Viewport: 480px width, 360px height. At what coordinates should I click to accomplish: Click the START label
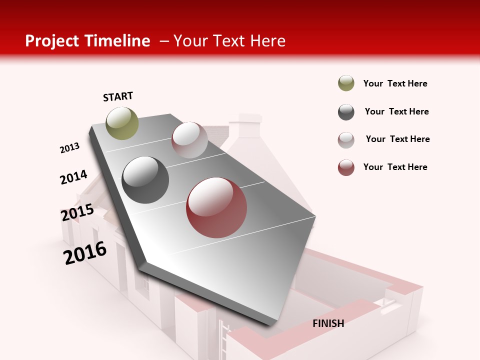(118, 96)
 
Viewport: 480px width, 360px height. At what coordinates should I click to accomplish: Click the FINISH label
(328, 323)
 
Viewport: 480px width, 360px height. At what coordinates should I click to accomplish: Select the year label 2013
(69, 148)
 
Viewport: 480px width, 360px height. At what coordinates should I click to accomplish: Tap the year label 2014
(73, 177)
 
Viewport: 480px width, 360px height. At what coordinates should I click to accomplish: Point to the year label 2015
(77, 212)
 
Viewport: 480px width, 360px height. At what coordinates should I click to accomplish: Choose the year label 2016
(85, 253)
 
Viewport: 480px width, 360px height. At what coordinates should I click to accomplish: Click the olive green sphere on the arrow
(122, 123)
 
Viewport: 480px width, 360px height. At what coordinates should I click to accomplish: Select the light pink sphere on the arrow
(189, 140)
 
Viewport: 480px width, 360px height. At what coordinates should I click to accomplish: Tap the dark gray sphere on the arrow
(145, 180)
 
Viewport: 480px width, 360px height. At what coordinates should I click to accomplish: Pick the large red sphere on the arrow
(216, 207)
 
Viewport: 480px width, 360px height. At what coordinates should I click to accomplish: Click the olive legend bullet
(346, 83)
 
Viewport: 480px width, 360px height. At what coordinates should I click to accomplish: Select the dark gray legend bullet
(346, 112)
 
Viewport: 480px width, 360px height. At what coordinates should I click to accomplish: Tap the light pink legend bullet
(346, 140)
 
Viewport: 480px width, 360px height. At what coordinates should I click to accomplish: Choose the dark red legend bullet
(346, 167)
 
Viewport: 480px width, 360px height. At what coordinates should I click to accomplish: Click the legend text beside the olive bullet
(395, 83)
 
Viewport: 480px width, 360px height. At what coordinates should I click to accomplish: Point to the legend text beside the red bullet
(395, 167)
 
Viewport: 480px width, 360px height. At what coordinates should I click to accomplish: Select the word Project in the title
(52, 41)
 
